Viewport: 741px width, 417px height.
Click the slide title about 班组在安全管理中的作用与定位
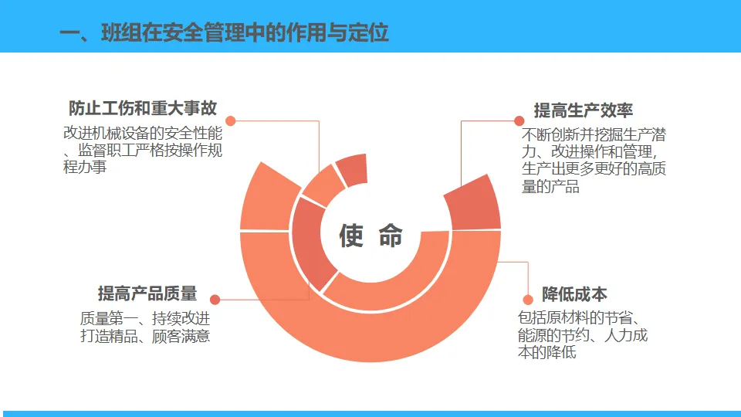(x=224, y=32)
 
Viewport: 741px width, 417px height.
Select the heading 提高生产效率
(x=584, y=110)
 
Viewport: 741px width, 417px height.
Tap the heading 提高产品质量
(x=147, y=293)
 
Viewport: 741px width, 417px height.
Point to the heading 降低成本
(x=574, y=294)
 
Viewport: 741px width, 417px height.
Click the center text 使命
(x=370, y=236)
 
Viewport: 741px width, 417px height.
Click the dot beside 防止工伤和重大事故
(x=231, y=120)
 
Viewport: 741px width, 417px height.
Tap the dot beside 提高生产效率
(x=519, y=120)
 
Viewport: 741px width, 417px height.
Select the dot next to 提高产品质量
(x=215, y=299)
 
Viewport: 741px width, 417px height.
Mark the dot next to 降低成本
(x=528, y=299)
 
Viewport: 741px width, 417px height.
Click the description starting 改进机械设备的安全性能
(x=143, y=149)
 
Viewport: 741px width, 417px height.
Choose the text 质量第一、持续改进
(x=144, y=318)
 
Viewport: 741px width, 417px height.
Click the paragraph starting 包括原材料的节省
(x=583, y=335)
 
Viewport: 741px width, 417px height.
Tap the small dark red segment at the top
(x=354, y=170)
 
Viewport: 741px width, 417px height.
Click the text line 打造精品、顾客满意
(x=144, y=337)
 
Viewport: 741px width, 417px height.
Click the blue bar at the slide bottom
(x=370, y=413)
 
